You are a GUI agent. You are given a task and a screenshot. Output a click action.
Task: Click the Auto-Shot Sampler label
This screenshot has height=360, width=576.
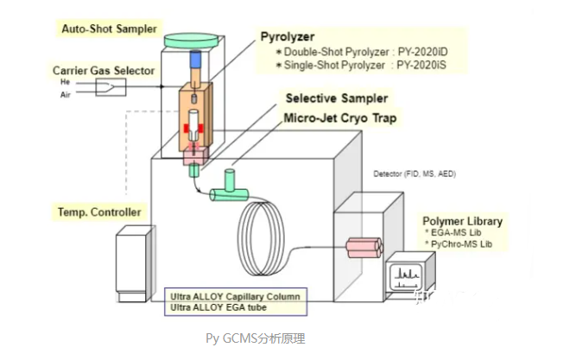(x=109, y=28)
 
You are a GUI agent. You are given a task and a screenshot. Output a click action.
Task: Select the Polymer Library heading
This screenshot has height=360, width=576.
(x=463, y=221)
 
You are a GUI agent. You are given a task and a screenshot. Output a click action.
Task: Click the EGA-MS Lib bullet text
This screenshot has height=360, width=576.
(x=457, y=233)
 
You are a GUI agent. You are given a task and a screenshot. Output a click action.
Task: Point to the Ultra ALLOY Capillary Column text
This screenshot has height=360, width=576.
(x=236, y=296)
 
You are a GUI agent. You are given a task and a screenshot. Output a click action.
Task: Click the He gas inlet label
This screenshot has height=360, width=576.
(x=66, y=81)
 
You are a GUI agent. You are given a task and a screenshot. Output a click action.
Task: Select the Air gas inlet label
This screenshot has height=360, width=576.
(x=66, y=96)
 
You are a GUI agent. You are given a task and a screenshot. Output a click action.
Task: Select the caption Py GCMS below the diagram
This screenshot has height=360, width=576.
(x=233, y=338)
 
